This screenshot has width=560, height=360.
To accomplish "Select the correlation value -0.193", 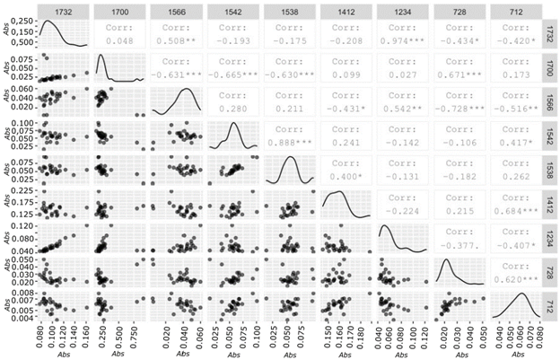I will coord(234,40).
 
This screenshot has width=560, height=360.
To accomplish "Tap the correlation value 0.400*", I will coord(347,180).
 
